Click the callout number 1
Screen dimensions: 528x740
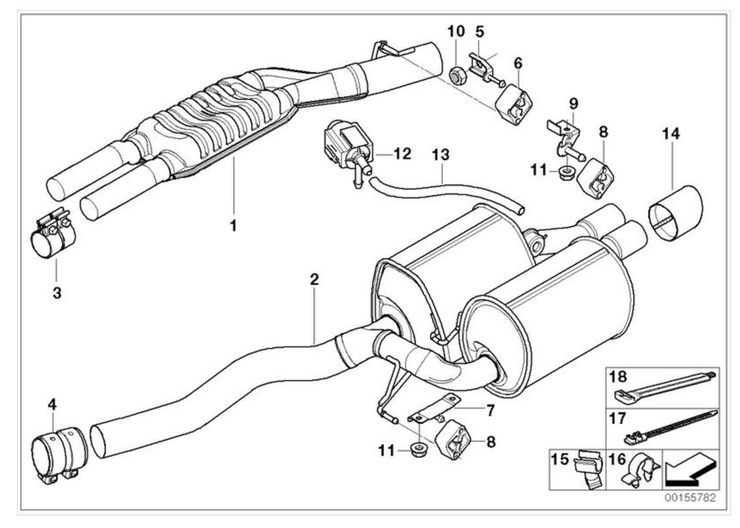click(232, 226)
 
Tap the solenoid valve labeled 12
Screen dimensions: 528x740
click(345, 149)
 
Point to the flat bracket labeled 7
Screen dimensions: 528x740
click(437, 409)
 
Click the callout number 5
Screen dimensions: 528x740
click(479, 31)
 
